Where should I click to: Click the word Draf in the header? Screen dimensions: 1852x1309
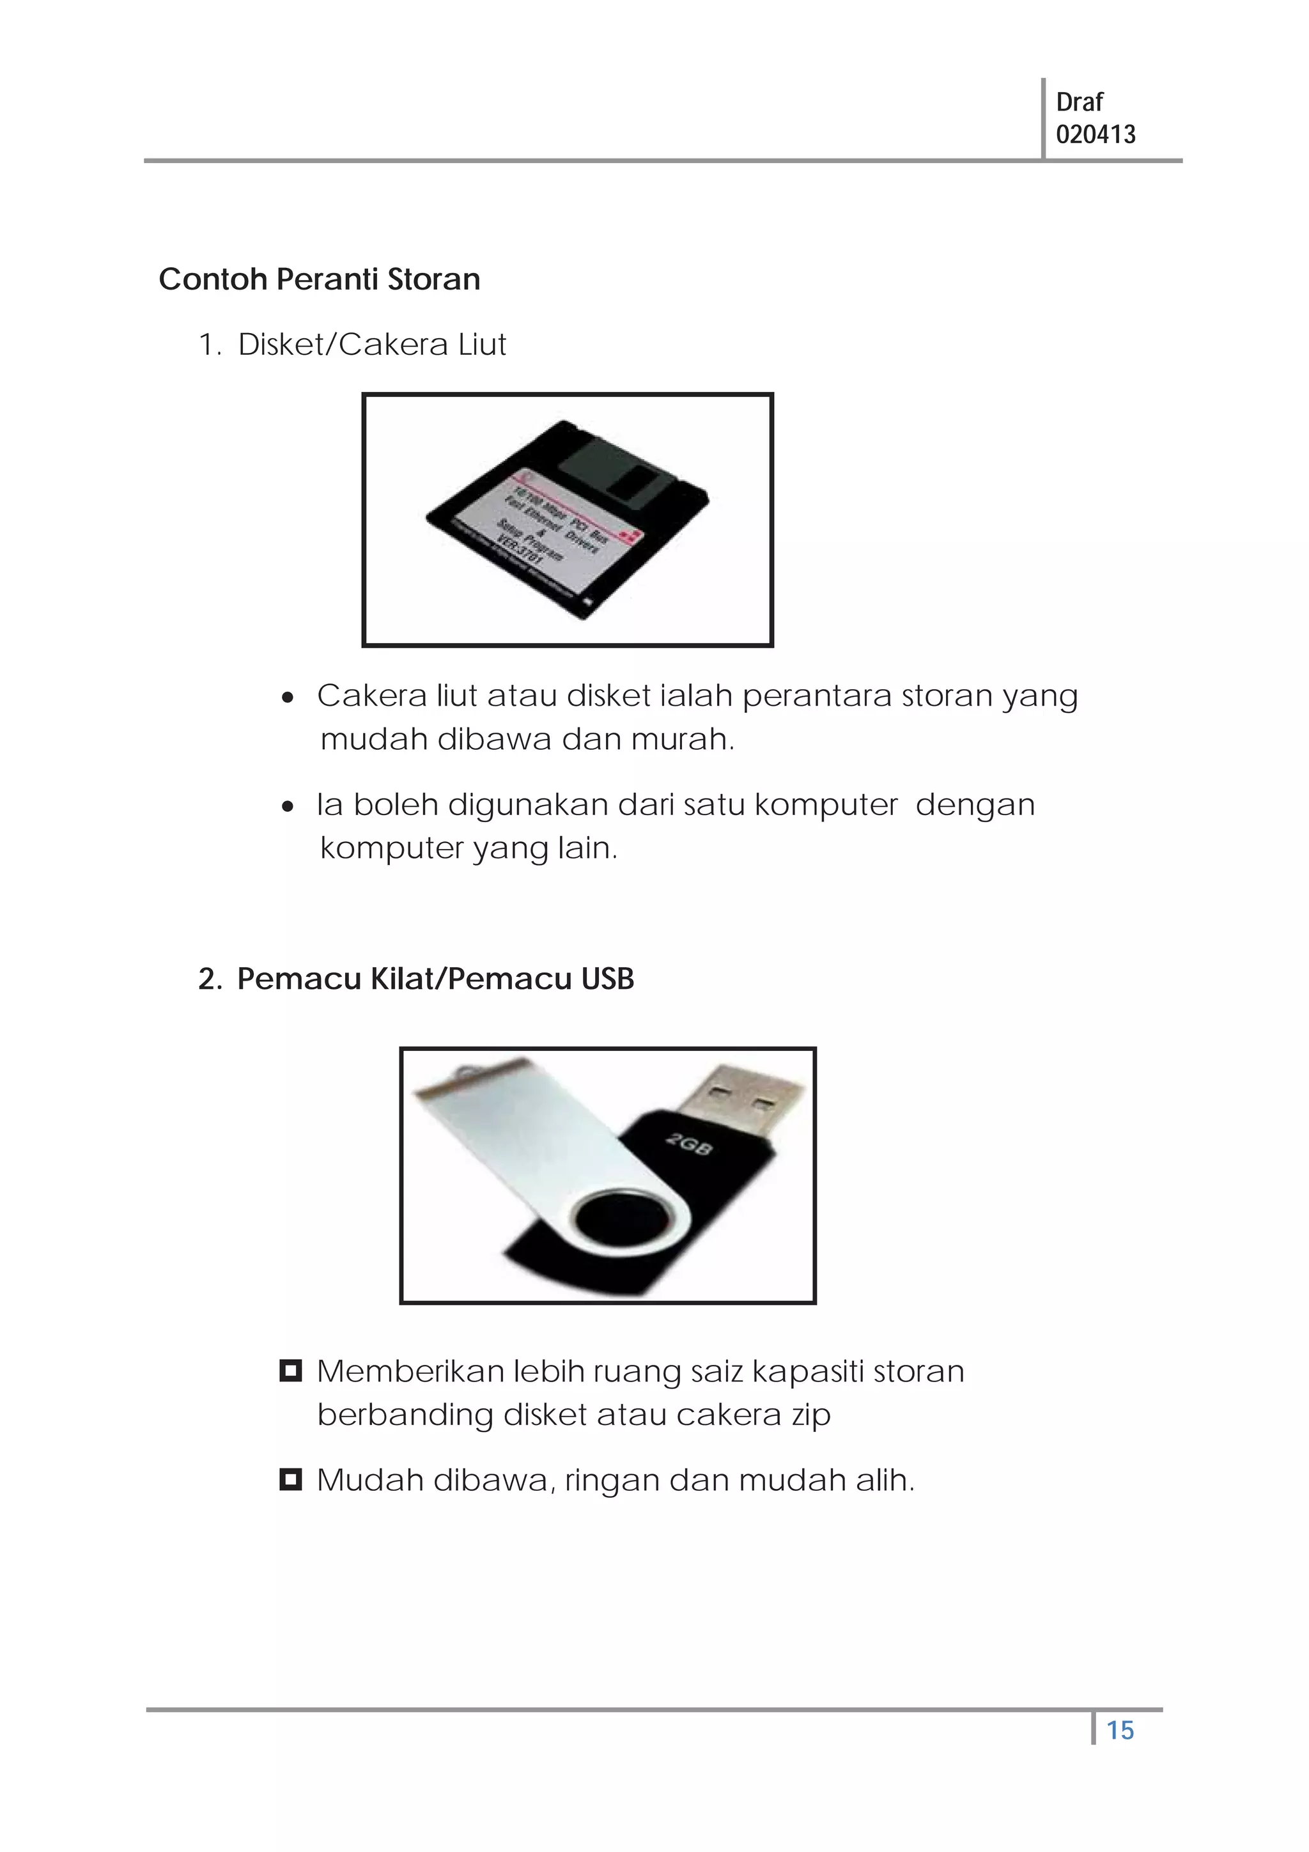point(1078,102)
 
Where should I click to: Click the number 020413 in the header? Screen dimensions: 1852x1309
point(1096,134)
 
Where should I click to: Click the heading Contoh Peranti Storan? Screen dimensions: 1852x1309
point(320,279)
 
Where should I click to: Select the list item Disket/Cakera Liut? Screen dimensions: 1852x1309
point(371,345)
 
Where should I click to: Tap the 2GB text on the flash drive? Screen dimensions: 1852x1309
point(690,1143)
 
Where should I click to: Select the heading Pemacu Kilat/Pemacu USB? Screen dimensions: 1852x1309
point(435,979)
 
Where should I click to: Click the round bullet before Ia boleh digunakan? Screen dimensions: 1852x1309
point(288,807)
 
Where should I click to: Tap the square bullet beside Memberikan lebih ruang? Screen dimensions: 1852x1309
point(290,1371)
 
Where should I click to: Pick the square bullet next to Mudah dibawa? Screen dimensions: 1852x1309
point(290,1479)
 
